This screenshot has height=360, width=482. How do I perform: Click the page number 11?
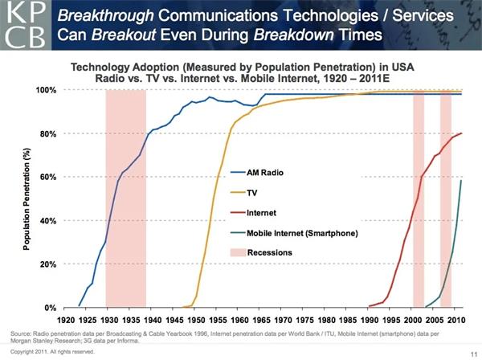(x=470, y=352)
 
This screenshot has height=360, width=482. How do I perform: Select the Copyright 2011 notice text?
(x=47, y=351)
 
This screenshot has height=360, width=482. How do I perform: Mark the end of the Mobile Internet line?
(x=460, y=181)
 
